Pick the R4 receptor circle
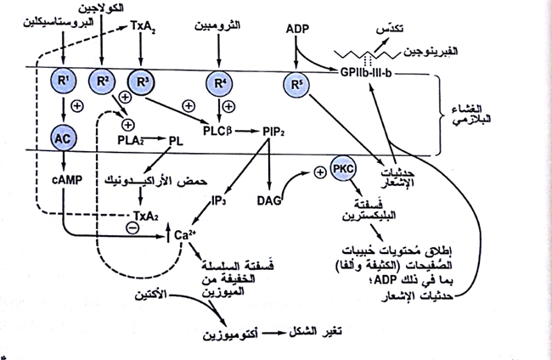click(x=220, y=84)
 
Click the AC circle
click(x=64, y=138)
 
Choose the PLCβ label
click(x=218, y=133)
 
